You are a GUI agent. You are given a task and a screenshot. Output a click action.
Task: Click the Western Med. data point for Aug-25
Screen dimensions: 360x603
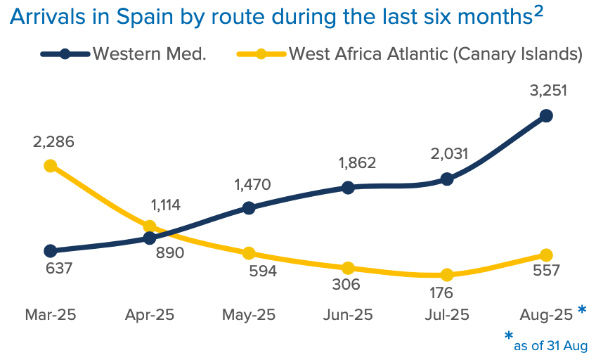pos(545,115)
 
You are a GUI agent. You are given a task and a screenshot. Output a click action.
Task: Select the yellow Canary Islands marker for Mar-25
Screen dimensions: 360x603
pos(50,166)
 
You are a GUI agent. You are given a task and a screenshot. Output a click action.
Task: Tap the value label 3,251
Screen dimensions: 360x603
pos(548,91)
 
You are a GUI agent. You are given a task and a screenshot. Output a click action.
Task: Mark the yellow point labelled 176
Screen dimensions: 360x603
pos(446,275)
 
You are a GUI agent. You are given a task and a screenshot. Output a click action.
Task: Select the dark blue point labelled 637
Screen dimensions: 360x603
pos(50,251)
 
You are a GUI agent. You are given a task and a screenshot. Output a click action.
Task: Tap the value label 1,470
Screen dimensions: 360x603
pos(251,185)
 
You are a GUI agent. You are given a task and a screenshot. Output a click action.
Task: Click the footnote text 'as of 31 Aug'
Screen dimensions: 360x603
pos(550,345)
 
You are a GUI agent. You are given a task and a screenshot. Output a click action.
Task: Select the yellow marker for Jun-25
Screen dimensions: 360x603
pos(347,268)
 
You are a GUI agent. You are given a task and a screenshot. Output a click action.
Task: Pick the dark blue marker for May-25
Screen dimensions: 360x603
pos(248,207)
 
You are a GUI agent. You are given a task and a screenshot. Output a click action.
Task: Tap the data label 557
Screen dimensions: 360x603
pos(545,270)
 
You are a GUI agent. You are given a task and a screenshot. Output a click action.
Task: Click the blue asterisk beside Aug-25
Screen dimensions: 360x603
pos(582,310)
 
